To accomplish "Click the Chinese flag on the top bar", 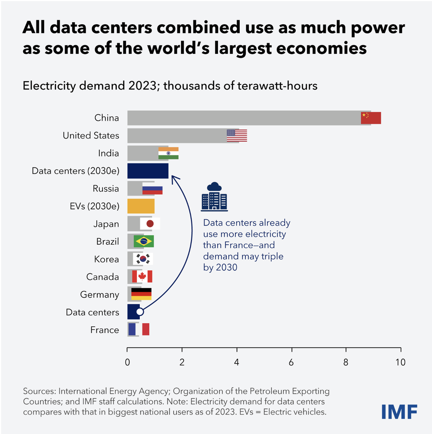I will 371,118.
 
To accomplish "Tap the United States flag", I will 237,136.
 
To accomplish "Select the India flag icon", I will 168,153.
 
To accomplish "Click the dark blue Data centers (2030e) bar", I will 148,171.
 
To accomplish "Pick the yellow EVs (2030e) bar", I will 141,206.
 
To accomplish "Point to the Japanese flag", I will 150,224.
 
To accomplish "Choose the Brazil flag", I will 144,241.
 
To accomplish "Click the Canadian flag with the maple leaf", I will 142,276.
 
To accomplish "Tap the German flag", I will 141,294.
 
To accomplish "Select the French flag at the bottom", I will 139,329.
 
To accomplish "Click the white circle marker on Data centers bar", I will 139,312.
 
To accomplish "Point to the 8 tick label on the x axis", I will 346,362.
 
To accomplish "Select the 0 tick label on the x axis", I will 127,362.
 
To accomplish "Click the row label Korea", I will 106,260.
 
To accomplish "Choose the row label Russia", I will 106,189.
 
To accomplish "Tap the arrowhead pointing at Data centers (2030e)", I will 173,178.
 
